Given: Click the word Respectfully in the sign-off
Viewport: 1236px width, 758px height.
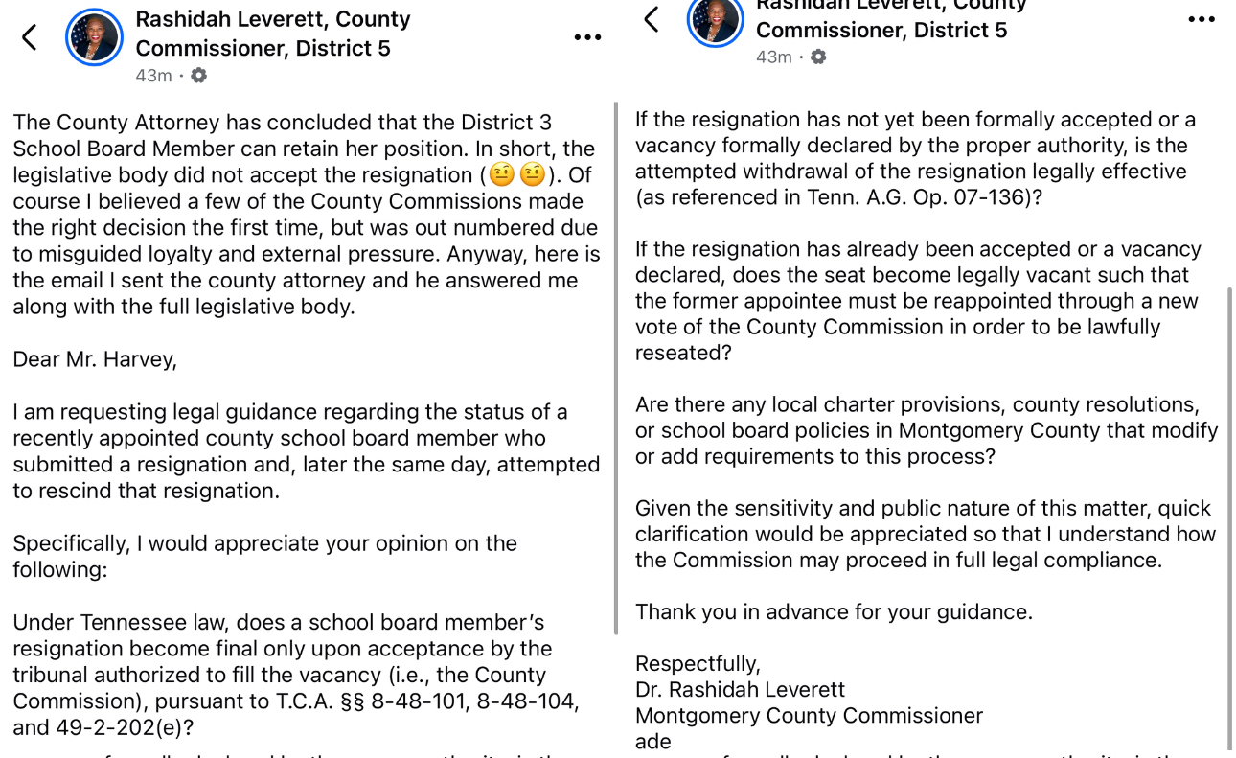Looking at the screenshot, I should (x=698, y=664).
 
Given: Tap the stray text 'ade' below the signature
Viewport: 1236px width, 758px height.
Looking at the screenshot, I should (x=653, y=742).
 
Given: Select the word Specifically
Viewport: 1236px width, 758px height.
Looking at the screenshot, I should (x=69, y=543).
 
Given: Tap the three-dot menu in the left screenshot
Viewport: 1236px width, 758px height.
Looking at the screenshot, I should (x=587, y=37).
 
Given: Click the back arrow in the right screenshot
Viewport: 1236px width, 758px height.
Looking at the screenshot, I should (x=652, y=18).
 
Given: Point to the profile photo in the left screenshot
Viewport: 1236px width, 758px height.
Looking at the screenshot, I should (x=94, y=37).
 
